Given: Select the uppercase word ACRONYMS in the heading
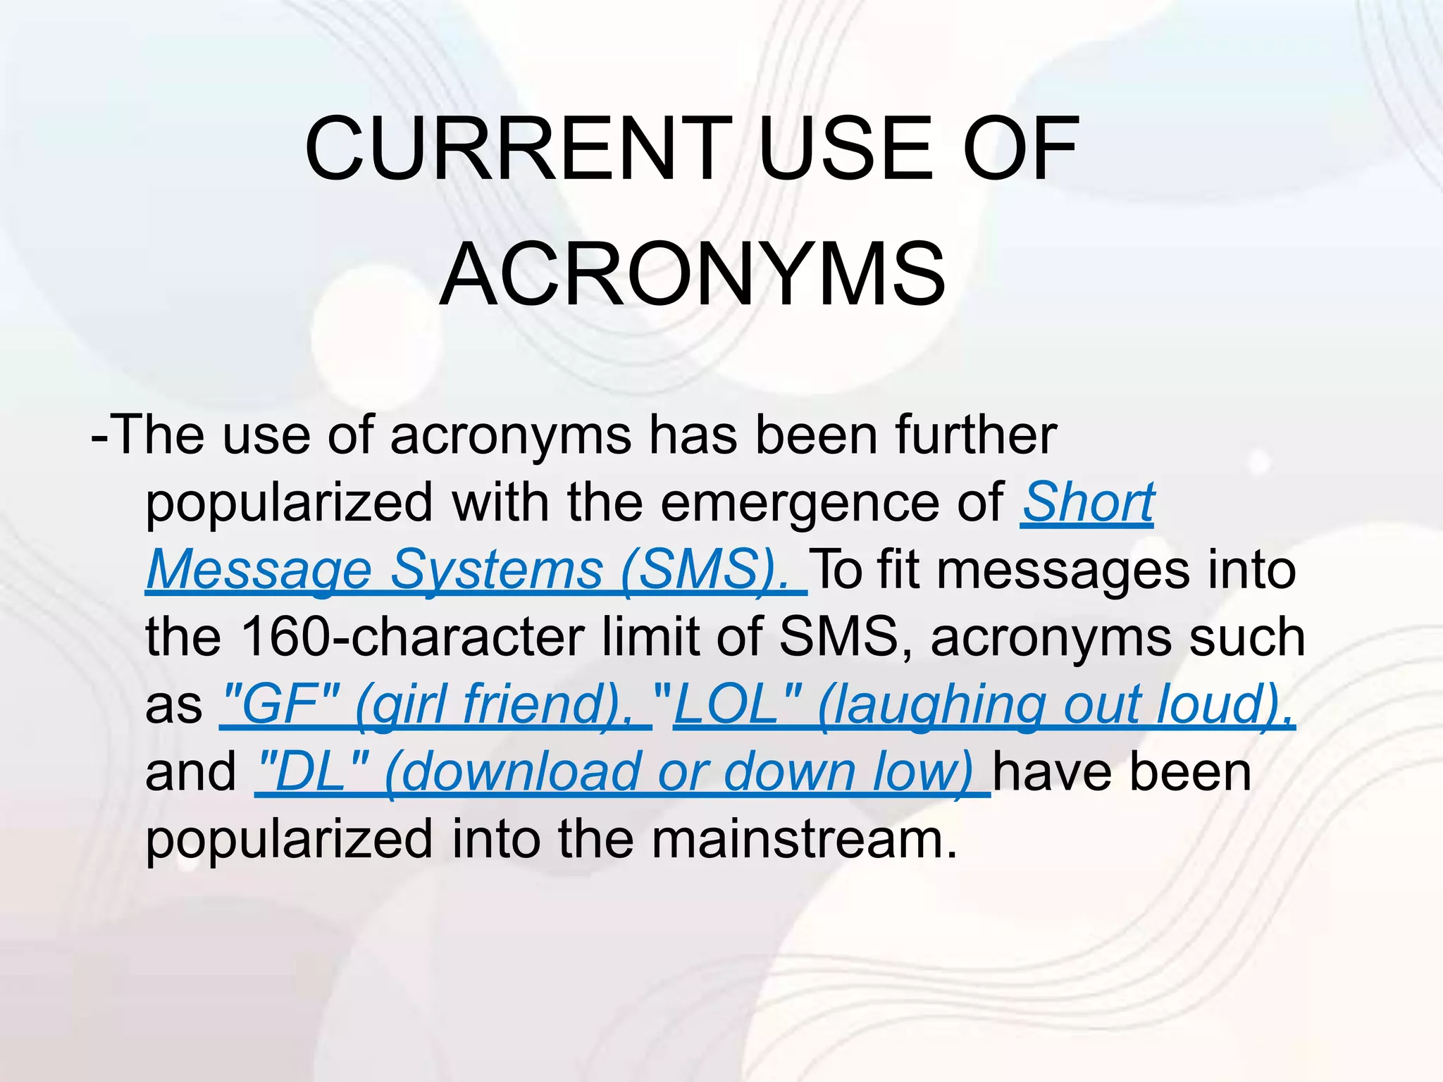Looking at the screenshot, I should [x=692, y=275].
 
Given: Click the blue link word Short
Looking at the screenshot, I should [x=1088, y=503].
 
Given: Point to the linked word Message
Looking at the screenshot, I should [x=259, y=570].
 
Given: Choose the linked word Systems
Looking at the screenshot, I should [x=496, y=570].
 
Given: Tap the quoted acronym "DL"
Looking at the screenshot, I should [x=313, y=771].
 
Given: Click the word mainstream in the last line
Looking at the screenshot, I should [x=804, y=839].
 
